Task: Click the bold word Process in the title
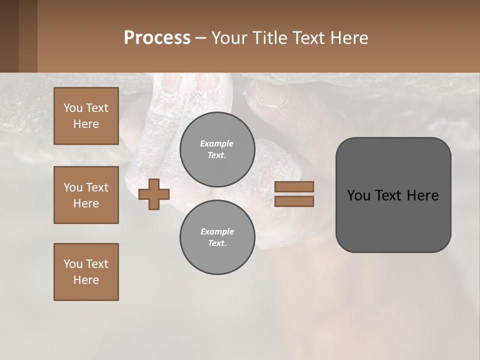click(x=157, y=38)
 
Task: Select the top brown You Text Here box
click(x=86, y=116)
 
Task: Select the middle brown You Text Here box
click(x=86, y=195)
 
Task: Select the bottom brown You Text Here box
click(x=86, y=272)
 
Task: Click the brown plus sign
click(x=154, y=194)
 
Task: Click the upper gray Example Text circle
click(x=217, y=149)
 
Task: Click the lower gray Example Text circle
click(x=217, y=237)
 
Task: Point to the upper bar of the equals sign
click(x=294, y=186)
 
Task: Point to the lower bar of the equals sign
click(x=294, y=201)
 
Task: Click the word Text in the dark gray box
click(x=390, y=195)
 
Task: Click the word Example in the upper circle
click(x=217, y=143)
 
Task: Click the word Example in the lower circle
click(x=217, y=231)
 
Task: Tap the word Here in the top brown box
click(x=86, y=124)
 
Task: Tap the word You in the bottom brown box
click(x=72, y=264)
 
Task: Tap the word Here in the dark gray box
click(x=422, y=195)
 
